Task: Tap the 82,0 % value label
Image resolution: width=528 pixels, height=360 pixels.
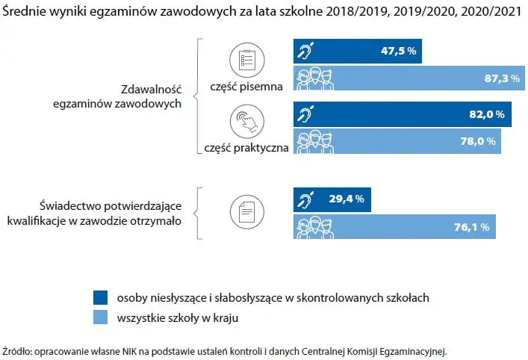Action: click(x=489, y=115)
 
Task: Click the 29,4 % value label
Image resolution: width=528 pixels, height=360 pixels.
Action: click(x=347, y=199)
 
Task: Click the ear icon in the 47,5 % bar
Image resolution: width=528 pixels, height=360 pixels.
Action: click(x=307, y=52)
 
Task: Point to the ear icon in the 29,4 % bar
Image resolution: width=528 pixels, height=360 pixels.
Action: click(x=307, y=199)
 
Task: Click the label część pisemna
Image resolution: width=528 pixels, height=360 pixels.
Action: click(x=249, y=87)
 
